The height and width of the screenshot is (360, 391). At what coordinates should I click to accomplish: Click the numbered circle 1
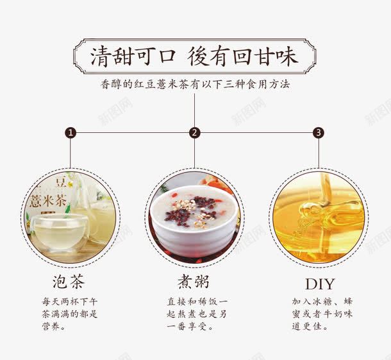(x=71, y=133)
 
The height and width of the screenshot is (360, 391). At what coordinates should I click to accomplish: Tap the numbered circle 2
(x=194, y=133)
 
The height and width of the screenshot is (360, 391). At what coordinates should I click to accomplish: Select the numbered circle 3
(x=319, y=133)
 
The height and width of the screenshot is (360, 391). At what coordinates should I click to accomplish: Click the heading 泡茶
(x=69, y=282)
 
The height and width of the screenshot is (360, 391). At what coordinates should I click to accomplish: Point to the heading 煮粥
(x=194, y=282)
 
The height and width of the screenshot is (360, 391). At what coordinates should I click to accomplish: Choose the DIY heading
(x=320, y=284)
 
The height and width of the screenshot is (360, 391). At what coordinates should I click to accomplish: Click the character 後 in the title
(x=197, y=56)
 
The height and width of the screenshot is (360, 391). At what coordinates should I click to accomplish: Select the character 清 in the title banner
(x=101, y=56)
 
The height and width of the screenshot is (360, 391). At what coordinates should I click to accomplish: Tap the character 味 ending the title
(x=287, y=56)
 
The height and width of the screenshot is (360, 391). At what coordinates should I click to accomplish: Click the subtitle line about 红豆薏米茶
(x=195, y=84)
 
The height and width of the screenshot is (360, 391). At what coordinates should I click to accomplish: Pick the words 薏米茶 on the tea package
(x=48, y=200)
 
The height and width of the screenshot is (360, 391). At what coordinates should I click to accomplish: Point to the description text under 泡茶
(x=70, y=314)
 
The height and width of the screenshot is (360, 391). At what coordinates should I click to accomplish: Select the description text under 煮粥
(x=197, y=314)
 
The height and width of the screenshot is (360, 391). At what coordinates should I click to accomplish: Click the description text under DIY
(x=322, y=314)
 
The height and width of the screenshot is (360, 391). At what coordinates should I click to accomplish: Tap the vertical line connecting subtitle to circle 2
(x=194, y=110)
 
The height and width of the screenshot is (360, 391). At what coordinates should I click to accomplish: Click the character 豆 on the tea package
(x=61, y=182)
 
